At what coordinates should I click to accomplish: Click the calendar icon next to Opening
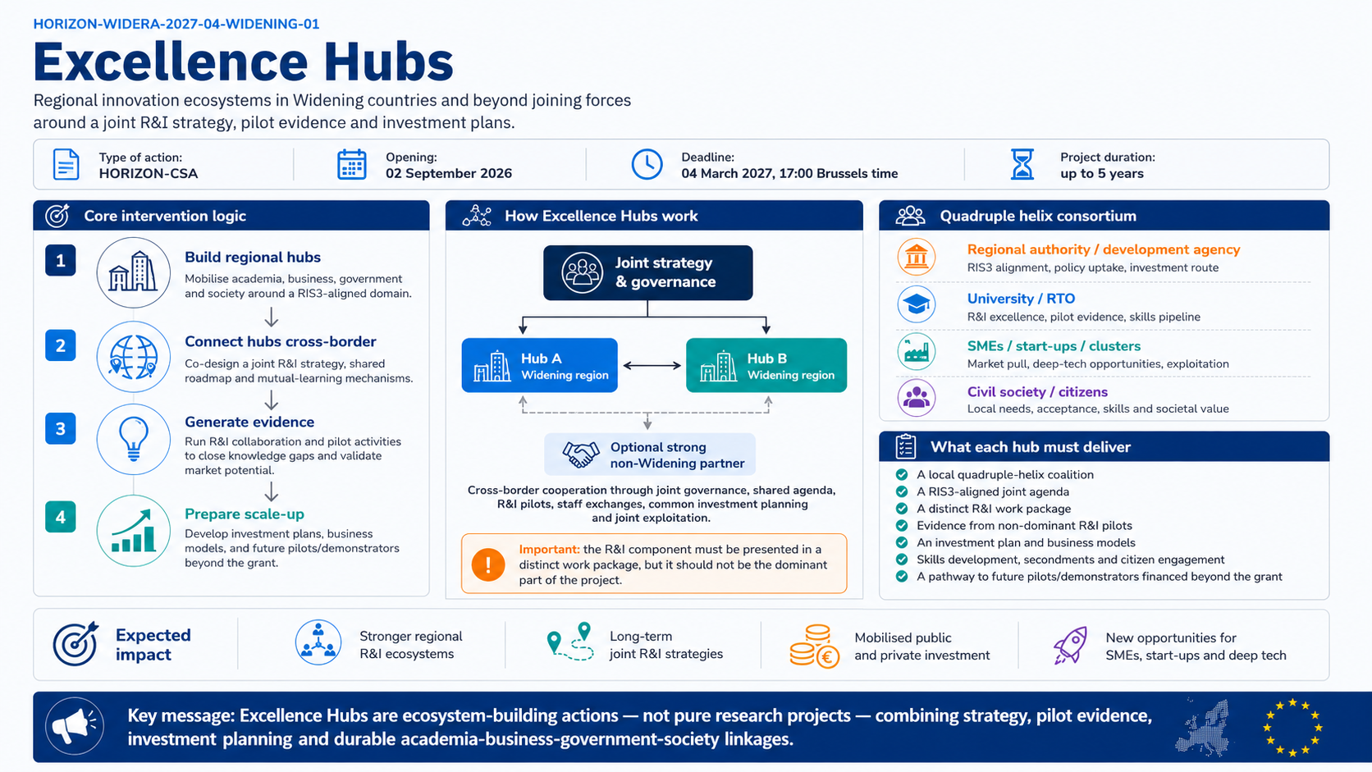(351, 164)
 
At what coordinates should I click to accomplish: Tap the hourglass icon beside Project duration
(1022, 164)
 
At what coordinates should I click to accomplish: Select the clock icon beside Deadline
(647, 164)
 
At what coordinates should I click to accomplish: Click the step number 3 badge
(60, 428)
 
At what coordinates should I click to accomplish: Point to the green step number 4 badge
(60, 517)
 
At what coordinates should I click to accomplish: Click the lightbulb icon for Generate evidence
(134, 438)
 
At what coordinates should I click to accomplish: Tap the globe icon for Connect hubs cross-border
(134, 356)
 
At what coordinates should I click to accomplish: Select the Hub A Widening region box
(540, 365)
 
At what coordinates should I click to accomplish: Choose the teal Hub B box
(766, 365)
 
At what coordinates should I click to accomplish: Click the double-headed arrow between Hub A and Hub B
(652, 366)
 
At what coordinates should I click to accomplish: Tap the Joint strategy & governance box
(648, 272)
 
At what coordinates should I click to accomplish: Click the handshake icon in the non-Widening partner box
(581, 455)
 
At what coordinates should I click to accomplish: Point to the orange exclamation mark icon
(488, 564)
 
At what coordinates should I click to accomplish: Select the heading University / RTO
(1021, 299)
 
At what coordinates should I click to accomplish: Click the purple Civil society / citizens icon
(917, 398)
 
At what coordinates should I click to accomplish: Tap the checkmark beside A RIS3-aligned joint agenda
(902, 491)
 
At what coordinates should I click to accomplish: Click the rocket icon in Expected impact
(1070, 645)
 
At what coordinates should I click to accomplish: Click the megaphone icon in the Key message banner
(75, 727)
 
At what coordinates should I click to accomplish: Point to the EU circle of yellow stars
(1292, 728)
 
